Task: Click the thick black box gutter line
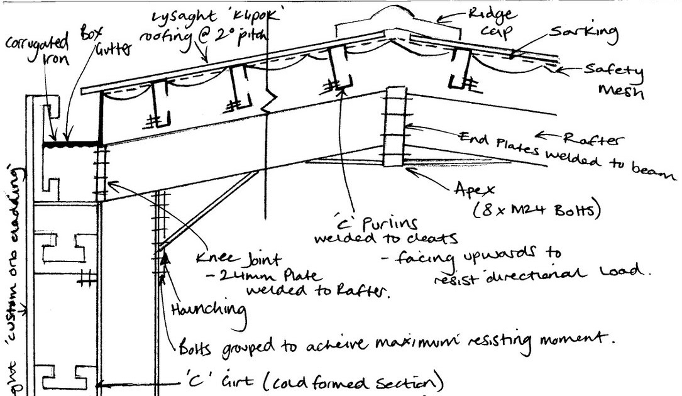pos(72,145)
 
